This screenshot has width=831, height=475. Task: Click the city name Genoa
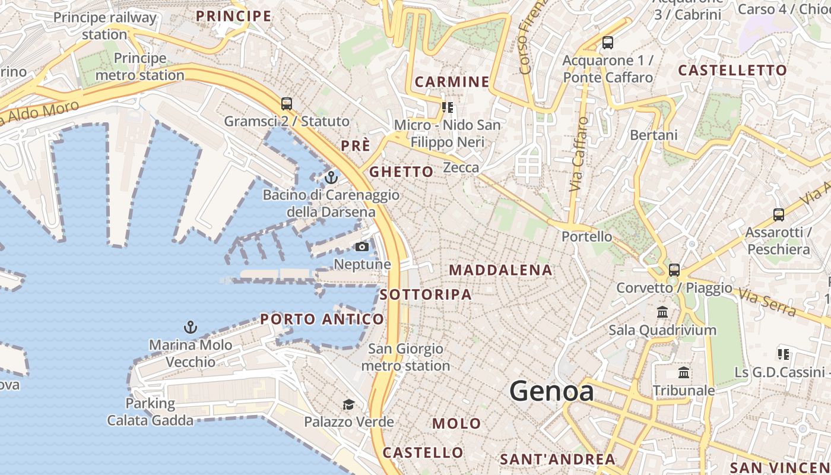pos(551,391)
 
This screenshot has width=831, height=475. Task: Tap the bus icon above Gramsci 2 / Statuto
pos(287,104)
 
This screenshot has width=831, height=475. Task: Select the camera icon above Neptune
pos(361,247)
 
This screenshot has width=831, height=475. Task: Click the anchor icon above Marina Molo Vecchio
pos(190,327)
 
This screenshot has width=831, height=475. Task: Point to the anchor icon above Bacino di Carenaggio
pos(331,178)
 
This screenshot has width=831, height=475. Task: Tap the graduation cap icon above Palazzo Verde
pos(348,405)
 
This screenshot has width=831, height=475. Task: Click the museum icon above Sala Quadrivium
pos(662,312)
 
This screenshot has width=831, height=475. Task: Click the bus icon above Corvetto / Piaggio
pos(674,270)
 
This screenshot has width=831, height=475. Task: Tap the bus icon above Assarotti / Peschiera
pos(778,215)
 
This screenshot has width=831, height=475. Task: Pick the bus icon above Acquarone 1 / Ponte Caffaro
pos(607,43)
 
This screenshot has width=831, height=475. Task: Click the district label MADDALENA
pos(500,270)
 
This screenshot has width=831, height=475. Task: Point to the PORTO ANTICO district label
pos(322,319)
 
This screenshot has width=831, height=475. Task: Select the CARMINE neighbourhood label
pos(452,82)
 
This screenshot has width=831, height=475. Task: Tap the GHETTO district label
pos(401,172)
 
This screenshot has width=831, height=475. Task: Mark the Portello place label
pos(586,236)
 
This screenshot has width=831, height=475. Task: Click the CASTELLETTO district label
pos(732,70)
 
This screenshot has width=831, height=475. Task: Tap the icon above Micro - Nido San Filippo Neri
pos(447,107)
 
